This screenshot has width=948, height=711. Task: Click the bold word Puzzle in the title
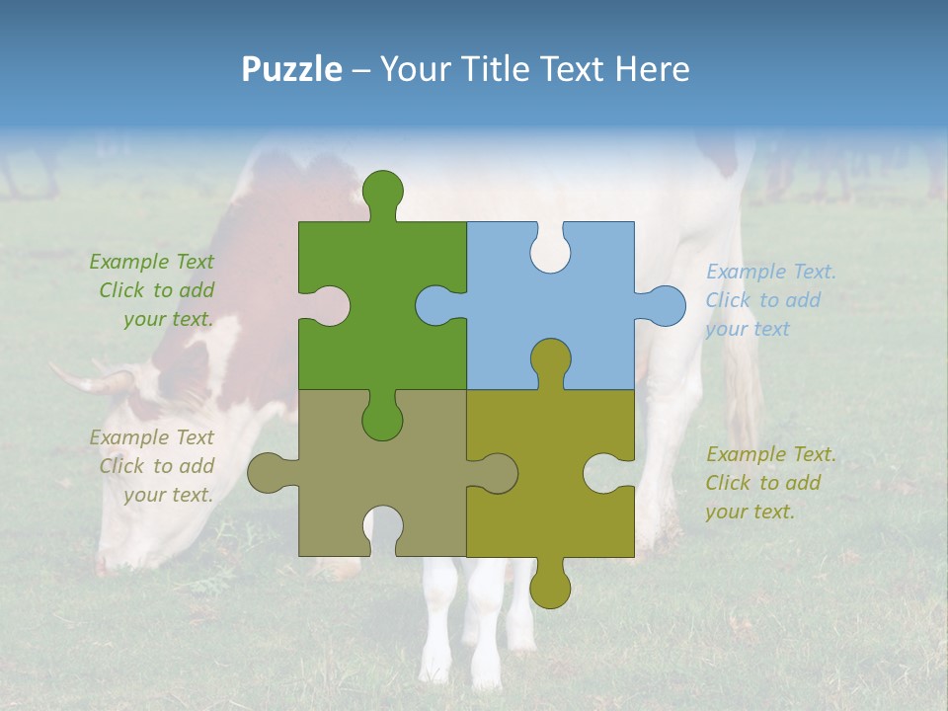[291, 69]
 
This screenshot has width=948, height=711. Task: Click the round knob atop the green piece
[382, 190]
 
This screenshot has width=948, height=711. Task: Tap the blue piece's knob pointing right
[664, 305]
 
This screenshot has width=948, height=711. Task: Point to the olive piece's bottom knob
[550, 586]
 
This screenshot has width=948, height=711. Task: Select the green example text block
[153, 290]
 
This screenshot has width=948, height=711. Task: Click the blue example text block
[770, 300]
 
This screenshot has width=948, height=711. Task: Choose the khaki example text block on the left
[153, 466]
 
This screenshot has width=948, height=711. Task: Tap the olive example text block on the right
[770, 483]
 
